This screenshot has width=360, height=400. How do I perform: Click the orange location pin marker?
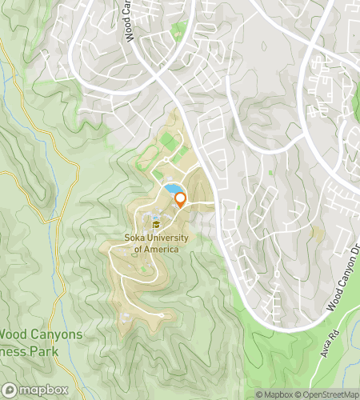(x=180, y=200)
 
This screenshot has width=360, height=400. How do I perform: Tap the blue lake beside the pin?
(x=171, y=190)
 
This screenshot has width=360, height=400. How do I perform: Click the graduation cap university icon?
(x=156, y=225)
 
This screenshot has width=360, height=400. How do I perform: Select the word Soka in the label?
(x=137, y=238)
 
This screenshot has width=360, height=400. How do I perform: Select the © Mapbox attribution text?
(x=274, y=394)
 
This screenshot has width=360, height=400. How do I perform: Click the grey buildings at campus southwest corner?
(x=124, y=319)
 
